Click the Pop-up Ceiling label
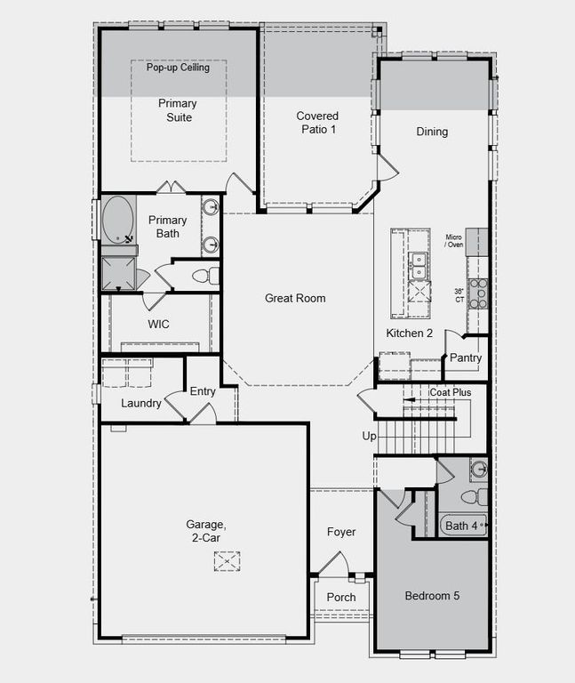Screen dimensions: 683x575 pos(178,68)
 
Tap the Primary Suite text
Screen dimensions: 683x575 pos(178,110)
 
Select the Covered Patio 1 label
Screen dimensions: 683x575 pos(317,123)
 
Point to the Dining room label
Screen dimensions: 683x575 pos(432,132)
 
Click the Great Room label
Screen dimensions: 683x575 pos(295,298)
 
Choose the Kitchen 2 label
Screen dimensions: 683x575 pos(409,333)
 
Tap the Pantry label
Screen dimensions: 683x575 pos(466,358)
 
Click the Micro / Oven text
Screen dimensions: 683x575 pos(455,241)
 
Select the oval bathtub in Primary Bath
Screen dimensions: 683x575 pos(118,221)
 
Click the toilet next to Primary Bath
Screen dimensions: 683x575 pos(203,276)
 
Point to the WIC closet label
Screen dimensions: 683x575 pos(159,325)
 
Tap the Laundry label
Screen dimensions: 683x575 pos(141,404)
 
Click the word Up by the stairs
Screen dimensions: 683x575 pos(369,437)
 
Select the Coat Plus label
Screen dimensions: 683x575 pos(450,392)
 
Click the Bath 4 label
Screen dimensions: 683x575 pos(461,526)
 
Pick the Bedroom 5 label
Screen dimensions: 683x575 pos(432,596)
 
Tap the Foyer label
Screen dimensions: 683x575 pos(341,532)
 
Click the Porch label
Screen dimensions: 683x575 pos(341,598)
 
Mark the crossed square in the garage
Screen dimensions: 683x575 pos(227,561)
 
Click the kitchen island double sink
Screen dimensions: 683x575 pos(417,263)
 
